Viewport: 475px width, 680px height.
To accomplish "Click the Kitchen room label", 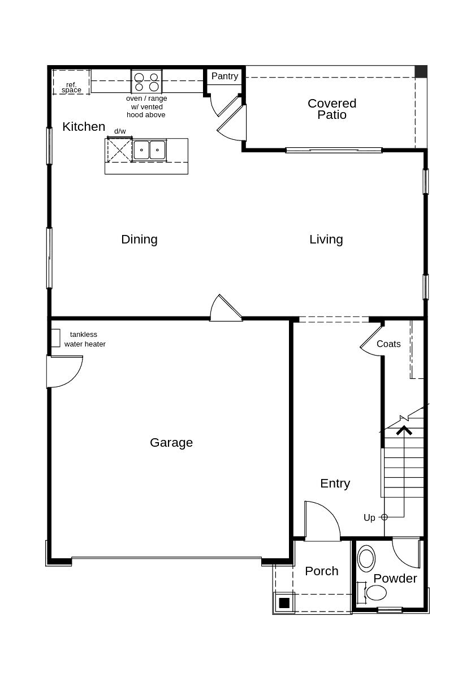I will pos(84,127).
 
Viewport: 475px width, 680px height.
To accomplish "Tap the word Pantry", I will pos(224,76).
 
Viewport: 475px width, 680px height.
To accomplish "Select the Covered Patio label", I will pos(332,109).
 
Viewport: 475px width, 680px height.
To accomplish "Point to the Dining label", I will pos(139,240).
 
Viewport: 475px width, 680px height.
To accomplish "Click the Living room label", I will pos(326,240).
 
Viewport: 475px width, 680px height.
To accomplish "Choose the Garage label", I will pos(171,443).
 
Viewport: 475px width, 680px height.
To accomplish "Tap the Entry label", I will pos(335,484).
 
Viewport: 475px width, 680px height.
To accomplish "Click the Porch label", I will pos(321,571).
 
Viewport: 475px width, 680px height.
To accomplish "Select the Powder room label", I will pos(395,579).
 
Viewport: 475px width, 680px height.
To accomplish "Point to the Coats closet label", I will pos(388,344).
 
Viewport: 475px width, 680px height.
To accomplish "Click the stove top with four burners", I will pos(146,82).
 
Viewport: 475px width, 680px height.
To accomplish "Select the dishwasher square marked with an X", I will pos(119,150).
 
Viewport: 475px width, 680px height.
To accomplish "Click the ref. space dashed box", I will pos(71,82).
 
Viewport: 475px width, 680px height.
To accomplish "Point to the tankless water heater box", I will pos(55,338).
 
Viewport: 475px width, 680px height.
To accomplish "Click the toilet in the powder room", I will pos(375,593).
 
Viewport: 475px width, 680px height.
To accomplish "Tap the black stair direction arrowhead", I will pos(404,431).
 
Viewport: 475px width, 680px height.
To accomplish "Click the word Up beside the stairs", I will pos(369,518).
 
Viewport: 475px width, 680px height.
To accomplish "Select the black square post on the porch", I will pos(284,603).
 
